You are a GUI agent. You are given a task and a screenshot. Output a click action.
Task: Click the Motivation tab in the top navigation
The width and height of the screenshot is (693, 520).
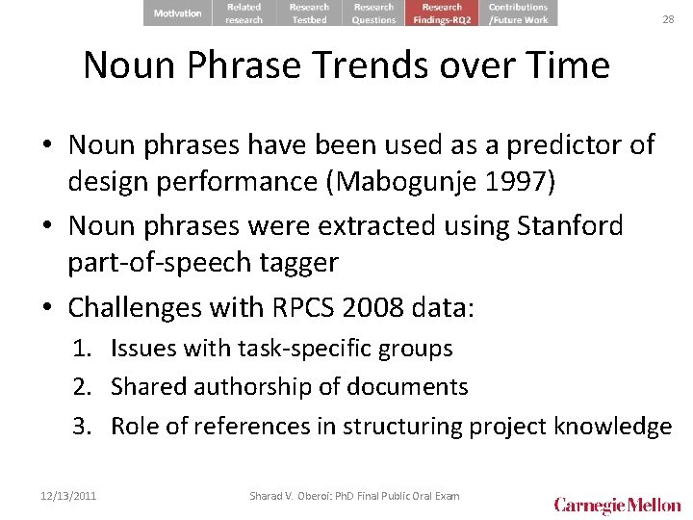pyautogui.click(x=177, y=13)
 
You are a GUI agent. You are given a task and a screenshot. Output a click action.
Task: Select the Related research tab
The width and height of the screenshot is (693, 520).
pyautogui.click(x=244, y=13)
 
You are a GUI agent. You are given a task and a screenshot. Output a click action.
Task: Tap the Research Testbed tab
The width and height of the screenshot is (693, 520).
pyautogui.click(x=309, y=13)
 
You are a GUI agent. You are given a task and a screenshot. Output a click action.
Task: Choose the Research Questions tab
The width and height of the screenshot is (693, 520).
pyautogui.click(x=373, y=13)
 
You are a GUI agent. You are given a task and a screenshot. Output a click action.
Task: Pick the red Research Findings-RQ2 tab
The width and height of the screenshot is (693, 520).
pyautogui.click(x=442, y=13)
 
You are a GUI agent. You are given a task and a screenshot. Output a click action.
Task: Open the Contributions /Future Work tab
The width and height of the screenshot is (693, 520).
pyautogui.click(x=518, y=13)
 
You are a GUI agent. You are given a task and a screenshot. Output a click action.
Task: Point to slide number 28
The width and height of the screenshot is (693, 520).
pyautogui.click(x=668, y=19)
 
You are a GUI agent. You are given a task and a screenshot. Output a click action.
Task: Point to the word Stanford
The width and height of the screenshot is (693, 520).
pyautogui.click(x=570, y=226)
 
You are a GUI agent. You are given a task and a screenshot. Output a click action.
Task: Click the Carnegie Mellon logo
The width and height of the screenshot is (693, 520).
pyautogui.click(x=617, y=505)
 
